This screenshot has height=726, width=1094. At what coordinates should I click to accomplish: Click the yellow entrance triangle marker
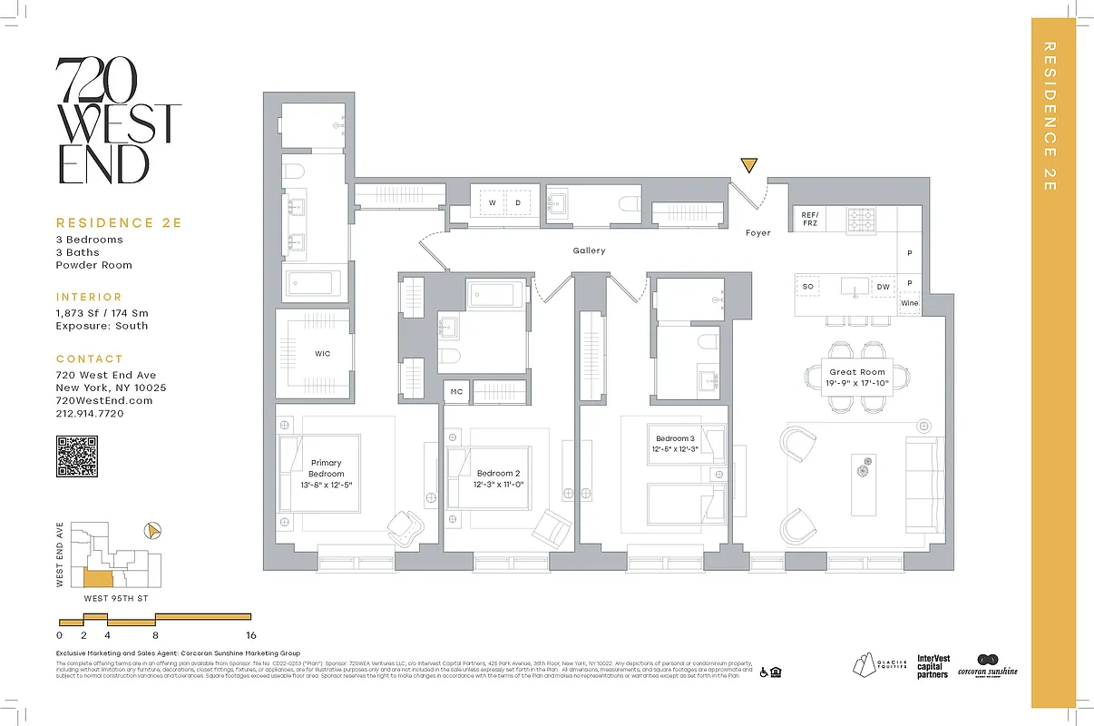click(748, 165)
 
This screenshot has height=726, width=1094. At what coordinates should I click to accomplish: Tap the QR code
click(77, 456)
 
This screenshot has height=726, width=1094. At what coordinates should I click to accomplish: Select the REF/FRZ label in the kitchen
click(810, 221)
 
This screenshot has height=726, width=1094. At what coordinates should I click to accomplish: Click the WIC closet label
click(322, 354)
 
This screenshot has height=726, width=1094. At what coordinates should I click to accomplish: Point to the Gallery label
click(589, 250)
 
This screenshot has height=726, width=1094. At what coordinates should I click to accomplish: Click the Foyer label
click(757, 233)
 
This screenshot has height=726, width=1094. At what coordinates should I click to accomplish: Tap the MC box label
click(456, 392)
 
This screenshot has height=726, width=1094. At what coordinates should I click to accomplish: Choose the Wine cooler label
click(909, 303)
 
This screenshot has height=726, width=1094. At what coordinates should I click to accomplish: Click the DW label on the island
click(882, 287)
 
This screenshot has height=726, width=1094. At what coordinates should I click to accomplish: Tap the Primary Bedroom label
click(326, 468)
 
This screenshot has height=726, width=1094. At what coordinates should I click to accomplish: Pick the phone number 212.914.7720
click(89, 414)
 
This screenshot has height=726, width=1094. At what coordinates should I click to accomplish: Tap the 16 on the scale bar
click(250, 636)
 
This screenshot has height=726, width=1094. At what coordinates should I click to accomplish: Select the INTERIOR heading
click(89, 297)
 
